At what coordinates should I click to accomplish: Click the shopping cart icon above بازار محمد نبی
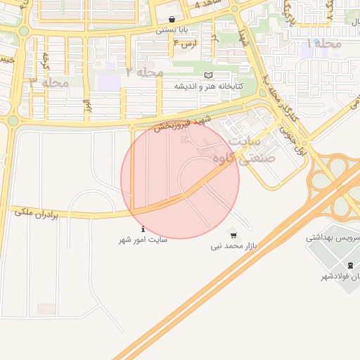click(233, 235)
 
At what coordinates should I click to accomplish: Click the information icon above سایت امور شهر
click(143, 229)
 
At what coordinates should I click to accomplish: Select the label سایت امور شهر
click(143, 240)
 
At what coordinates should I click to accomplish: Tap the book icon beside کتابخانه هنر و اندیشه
click(207, 75)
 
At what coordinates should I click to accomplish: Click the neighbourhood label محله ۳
click(49, 83)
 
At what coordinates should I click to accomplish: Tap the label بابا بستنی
click(172, 30)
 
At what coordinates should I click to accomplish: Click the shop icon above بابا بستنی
click(172, 19)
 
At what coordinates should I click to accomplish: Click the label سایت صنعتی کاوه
click(250, 150)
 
